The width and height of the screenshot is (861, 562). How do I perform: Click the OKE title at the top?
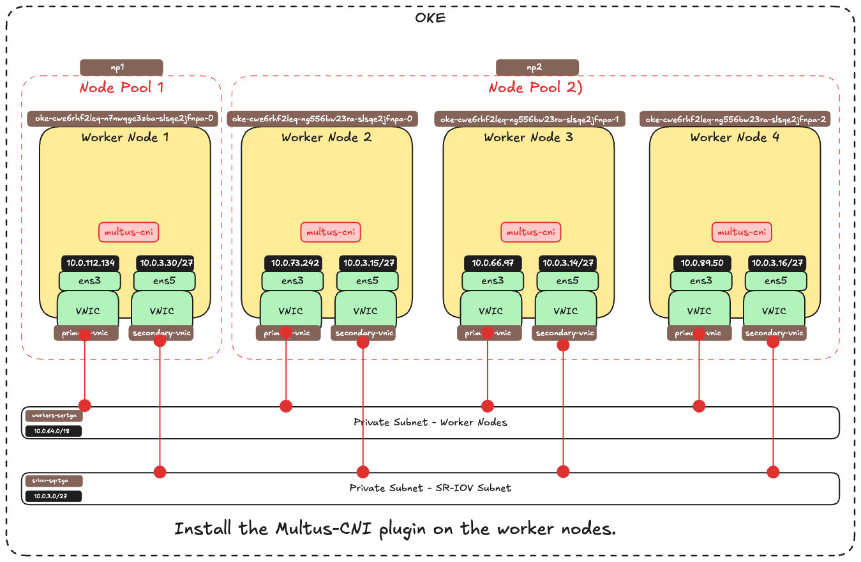tap(430, 17)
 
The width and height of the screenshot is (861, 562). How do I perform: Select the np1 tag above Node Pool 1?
tap(121, 67)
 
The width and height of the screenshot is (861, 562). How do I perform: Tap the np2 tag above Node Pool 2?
tap(537, 67)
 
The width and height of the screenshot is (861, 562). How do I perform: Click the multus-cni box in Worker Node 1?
tap(128, 232)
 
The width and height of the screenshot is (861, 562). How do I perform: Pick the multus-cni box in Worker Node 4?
tap(742, 232)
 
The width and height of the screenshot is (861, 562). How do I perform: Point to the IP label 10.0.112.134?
tap(91, 262)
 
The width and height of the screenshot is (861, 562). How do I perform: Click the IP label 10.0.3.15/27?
tap(368, 262)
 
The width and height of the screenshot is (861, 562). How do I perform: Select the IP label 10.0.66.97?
tap(493, 262)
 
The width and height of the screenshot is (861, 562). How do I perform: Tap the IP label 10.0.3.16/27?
tap(776, 262)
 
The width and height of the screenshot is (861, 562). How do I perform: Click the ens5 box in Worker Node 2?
tap(368, 280)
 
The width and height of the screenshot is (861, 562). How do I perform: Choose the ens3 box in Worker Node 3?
tap(492, 280)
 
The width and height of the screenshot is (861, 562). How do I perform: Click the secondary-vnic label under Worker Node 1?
tap(160, 333)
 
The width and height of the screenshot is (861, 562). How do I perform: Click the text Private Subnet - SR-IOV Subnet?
tap(430, 488)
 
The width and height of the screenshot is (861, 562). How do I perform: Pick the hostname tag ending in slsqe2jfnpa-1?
tap(531, 119)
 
